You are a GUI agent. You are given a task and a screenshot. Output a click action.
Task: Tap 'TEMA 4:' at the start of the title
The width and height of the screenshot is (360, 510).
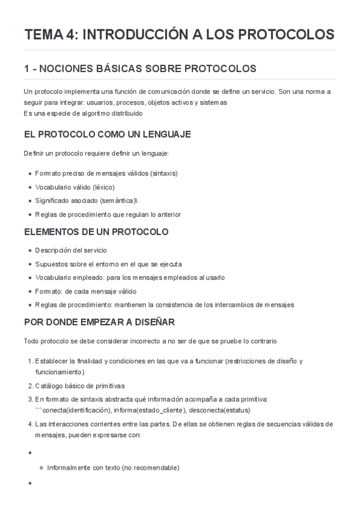(50, 35)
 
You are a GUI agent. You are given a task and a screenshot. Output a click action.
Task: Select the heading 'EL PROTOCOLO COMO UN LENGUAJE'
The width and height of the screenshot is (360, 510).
(107, 134)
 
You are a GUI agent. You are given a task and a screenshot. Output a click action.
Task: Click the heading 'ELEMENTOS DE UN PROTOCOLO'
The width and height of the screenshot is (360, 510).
(96, 232)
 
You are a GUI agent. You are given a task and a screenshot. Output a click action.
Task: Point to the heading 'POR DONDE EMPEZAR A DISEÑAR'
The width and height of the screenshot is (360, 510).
(99, 322)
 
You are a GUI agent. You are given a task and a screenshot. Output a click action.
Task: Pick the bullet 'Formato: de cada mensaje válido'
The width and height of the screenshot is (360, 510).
(85, 291)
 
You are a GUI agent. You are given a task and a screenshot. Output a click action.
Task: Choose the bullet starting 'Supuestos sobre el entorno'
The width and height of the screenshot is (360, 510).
(108, 264)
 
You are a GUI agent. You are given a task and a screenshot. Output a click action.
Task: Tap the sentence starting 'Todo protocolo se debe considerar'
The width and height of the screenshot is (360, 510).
(150, 342)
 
